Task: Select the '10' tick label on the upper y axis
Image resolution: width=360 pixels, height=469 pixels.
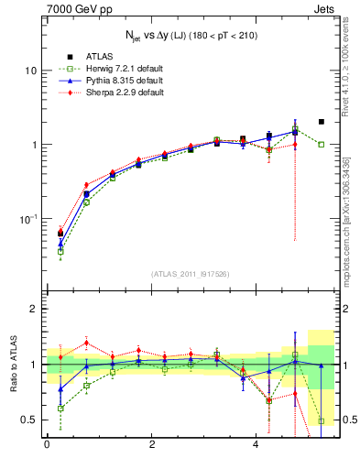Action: pyautogui.click(x=31, y=71)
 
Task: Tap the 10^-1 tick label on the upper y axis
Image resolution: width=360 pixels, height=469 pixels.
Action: pyautogui.click(x=28, y=219)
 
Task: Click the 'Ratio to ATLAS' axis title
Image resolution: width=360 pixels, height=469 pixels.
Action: pyautogui.click(x=14, y=365)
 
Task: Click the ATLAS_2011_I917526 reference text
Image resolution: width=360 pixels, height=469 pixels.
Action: pyautogui.click(x=191, y=273)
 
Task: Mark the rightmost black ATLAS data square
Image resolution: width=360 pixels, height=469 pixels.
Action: pyautogui.click(x=322, y=121)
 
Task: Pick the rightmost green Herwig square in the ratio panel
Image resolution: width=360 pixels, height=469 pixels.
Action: pyautogui.click(x=322, y=420)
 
